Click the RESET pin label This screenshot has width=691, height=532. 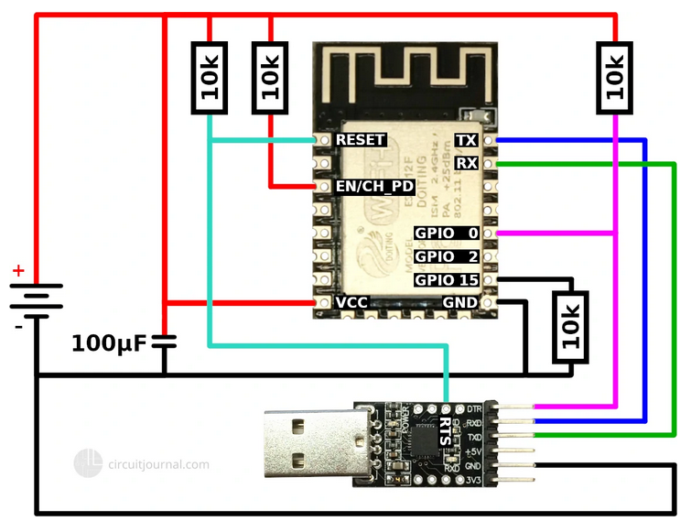click(x=360, y=140)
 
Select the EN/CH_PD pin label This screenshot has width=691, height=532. click(x=375, y=187)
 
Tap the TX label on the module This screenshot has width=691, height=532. click(x=466, y=140)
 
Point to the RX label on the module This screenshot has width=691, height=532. click(x=466, y=164)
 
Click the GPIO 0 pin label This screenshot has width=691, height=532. click(x=447, y=233)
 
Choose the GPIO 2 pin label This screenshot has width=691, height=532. click(x=447, y=256)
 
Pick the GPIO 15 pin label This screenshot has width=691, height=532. click(x=447, y=279)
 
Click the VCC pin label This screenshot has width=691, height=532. click(x=351, y=302)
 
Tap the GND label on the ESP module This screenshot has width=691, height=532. click(x=460, y=302)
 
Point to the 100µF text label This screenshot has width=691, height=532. click(x=108, y=344)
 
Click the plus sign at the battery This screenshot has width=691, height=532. click(x=17, y=271)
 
